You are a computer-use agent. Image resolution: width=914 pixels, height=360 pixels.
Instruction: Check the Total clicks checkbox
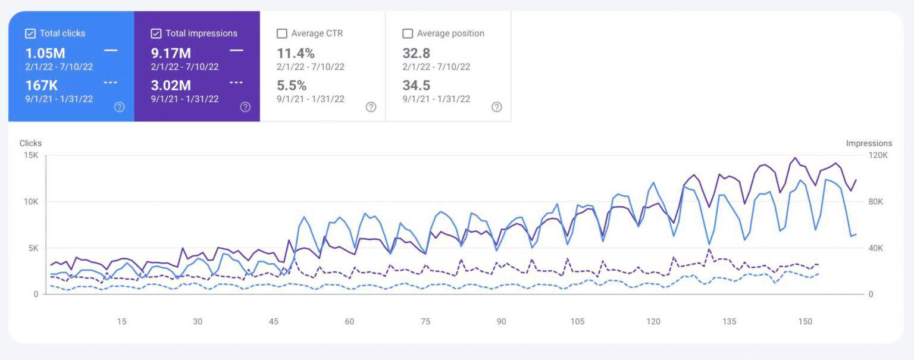pos(30,33)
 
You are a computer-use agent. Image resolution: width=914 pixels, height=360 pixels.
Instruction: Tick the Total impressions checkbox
pos(156,33)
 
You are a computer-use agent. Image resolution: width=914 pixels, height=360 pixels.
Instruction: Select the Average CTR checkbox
pos(282,33)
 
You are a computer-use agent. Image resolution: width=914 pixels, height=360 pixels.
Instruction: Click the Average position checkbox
pos(408,33)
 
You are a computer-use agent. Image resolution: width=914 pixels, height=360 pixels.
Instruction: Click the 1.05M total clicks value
pos(45,53)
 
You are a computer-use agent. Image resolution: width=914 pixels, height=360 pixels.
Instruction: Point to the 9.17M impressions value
pos(171,53)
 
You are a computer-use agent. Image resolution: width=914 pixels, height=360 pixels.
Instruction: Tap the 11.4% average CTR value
pos(296,53)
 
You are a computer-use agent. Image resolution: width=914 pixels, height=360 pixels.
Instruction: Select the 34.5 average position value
pos(417,85)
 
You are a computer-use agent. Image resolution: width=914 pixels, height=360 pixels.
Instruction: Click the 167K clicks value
pos(42,85)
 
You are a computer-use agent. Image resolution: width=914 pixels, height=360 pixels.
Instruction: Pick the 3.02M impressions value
pos(171,85)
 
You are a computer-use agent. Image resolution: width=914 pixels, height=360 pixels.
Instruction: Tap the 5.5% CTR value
pos(292,85)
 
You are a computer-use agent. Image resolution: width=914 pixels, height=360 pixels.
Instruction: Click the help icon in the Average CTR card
pos(371,107)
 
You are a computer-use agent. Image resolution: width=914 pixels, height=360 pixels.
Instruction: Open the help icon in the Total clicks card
pos(120,107)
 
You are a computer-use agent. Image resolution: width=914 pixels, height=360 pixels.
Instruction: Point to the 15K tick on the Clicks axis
pos(30,155)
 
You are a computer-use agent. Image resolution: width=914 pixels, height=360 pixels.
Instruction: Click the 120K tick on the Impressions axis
pos(878,155)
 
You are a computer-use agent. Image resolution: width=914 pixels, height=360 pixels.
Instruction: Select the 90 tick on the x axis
pos(501,321)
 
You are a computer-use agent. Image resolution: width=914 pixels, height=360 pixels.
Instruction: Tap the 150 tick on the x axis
pos(805,321)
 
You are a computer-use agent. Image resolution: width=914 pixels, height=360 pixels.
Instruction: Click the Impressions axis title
pos(869,143)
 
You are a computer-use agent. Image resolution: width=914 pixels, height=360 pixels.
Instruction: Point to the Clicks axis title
pos(30,143)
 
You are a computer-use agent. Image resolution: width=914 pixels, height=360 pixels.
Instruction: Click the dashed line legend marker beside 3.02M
pos(236,82)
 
